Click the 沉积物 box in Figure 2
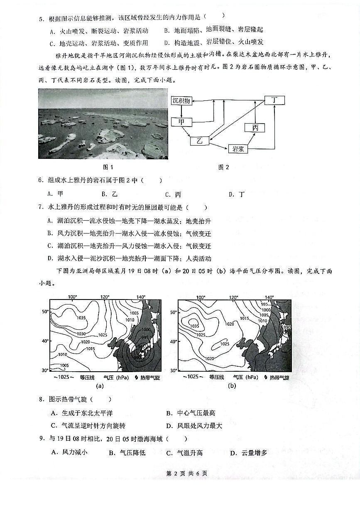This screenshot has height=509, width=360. (x=181, y=101)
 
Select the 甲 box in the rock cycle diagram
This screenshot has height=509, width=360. (x=181, y=122)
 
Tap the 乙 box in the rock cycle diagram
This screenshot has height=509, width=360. (x=199, y=141)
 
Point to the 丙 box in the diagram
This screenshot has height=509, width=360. (x=255, y=128)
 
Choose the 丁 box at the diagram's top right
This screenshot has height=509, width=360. (x=274, y=101)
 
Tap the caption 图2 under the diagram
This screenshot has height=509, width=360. (x=223, y=167)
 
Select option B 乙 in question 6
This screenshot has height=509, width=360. (x=110, y=194)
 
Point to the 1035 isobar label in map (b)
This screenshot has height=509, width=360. (x=195, y=326)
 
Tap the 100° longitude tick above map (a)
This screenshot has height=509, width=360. (x=72, y=297)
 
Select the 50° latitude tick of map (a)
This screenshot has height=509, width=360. (x=44, y=311)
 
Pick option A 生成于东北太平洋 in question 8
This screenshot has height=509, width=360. (x=82, y=413)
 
